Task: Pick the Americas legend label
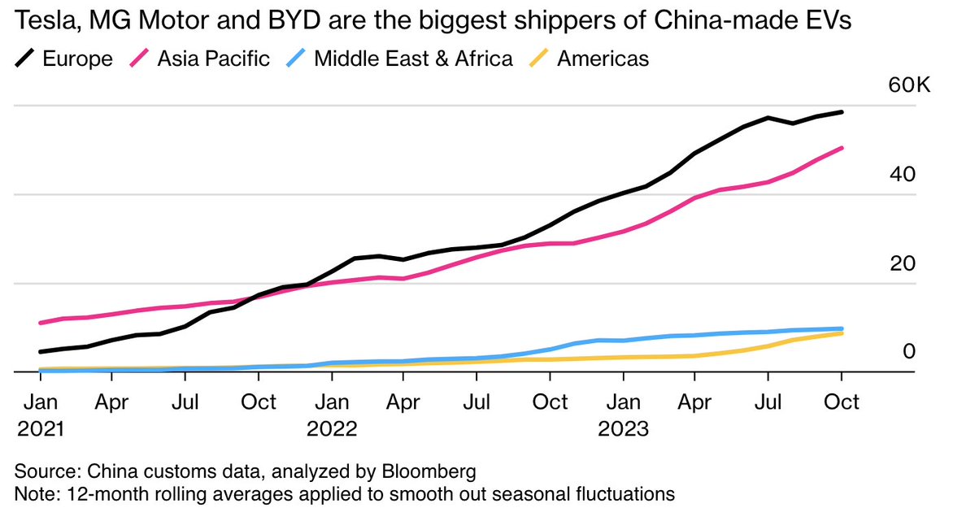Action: (x=602, y=59)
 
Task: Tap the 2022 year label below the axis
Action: (x=332, y=428)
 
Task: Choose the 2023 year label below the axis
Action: (x=623, y=428)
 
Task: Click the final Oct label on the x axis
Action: (x=842, y=402)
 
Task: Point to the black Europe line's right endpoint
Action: (x=842, y=112)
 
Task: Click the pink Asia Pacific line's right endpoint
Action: (x=842, y=148)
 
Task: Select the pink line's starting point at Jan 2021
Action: (x=41, y=323)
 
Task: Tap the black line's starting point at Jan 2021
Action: (x=41, y=352)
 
